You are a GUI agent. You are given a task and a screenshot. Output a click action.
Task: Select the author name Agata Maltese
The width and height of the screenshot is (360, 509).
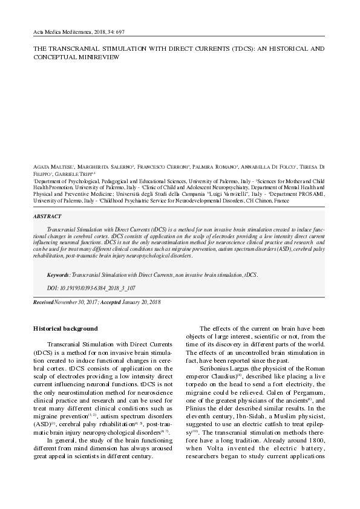point(52,166)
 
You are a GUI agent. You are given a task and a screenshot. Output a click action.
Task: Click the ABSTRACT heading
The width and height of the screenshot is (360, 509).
point(48,216)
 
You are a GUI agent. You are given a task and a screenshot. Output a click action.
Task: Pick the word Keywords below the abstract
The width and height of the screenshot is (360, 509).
point(58,274)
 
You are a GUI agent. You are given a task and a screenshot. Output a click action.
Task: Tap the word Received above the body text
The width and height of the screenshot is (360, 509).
point(43,301)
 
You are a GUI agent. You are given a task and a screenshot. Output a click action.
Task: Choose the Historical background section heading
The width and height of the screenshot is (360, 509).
point(65,329)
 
